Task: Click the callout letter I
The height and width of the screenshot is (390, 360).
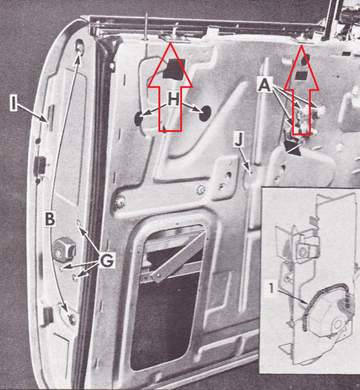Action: coord(14,103)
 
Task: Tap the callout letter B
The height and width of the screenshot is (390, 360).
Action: coord(50,218)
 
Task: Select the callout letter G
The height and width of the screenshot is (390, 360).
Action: coord(107,260)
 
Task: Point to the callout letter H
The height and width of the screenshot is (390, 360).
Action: coord(173,99)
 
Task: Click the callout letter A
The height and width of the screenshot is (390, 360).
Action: coord(265,85)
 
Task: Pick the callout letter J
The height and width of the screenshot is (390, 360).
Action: coord(239,139)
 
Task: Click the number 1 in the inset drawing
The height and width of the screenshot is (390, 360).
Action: coord(271,288)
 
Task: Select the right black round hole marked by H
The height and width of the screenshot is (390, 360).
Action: coord(205,113)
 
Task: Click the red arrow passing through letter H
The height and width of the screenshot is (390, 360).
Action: coord(170,87)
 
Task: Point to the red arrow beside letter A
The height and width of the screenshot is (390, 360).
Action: coord(302,90)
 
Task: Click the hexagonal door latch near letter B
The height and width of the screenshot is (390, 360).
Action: coord(64,250)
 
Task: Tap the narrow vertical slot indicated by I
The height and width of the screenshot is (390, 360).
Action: coord(51,118)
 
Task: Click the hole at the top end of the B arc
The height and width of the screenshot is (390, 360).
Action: coord(79,46)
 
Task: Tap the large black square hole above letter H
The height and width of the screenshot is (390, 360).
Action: coord(174,68)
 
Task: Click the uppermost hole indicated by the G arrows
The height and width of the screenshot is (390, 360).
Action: coord(78,223)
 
